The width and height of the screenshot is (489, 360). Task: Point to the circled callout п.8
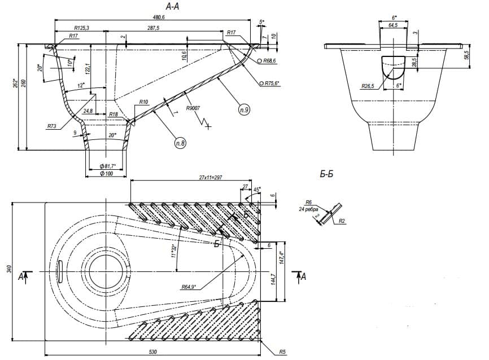181,143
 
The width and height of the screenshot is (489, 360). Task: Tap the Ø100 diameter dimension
107,173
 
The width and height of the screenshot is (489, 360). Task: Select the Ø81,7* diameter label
107,165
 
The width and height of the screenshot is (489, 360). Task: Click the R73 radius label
53,126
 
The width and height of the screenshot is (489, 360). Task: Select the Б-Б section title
326,174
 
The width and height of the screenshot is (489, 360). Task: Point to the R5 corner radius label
282,352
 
